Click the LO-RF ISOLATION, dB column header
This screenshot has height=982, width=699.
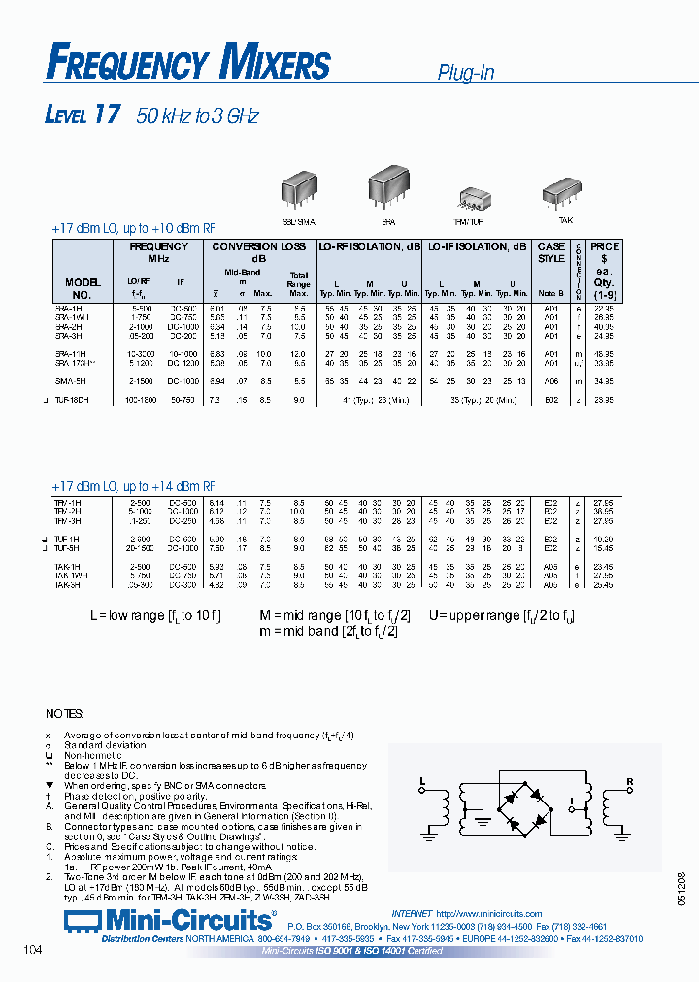tap(370, 246)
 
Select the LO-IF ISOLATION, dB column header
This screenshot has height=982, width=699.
tap(478, 246)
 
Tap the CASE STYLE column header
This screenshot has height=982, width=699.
tap(551, 252)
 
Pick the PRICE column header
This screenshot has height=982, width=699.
tap(605, 246)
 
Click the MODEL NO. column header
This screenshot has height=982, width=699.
tap(83, 288)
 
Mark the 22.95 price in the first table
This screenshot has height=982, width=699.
tap(604, 308)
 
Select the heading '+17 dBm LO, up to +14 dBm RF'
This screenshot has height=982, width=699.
tap(133, 486)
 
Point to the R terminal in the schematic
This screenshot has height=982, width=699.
tap(630, 780)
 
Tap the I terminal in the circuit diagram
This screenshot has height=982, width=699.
tap(572, 802)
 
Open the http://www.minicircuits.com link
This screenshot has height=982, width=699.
tap(488, 914)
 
